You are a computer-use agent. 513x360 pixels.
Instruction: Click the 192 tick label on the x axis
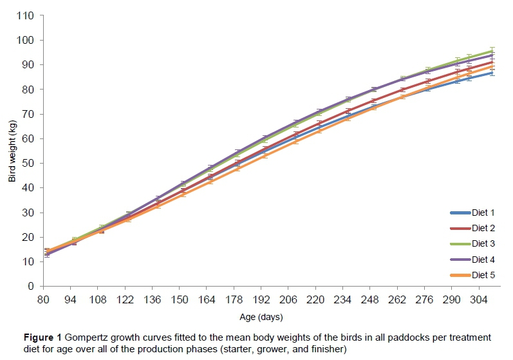click(261, 299)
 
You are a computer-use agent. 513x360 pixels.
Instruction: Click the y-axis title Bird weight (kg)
click(12, 151)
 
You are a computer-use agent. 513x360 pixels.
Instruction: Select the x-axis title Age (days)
click(261, 317)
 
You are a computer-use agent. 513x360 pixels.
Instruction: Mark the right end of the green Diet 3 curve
click(492, 50)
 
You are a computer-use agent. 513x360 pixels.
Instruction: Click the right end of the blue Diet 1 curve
click(492, 72)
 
